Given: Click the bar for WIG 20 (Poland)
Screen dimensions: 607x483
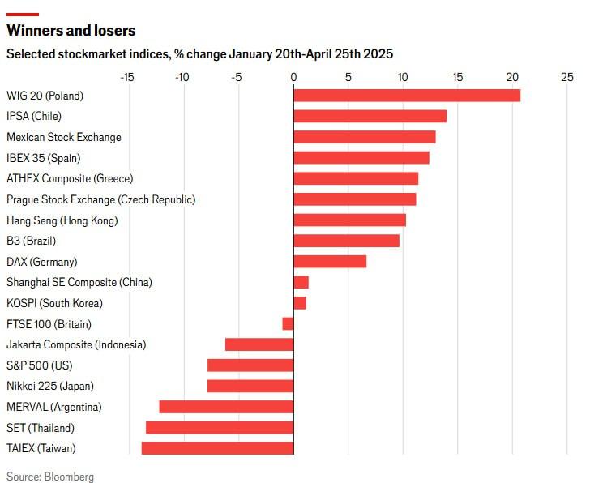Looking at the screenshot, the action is tap(407, 96).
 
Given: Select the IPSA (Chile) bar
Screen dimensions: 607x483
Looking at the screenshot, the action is tap(370, 116).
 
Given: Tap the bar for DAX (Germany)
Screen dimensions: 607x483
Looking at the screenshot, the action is tap(330, 262).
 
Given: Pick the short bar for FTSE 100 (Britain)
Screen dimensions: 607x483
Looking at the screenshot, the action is tap(288, 324).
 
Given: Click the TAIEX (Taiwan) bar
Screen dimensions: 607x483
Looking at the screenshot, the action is tap(217, 448).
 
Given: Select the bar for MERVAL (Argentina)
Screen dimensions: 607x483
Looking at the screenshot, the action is tap(226, 407).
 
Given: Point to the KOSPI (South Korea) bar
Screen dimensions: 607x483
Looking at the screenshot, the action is tap(300, 303).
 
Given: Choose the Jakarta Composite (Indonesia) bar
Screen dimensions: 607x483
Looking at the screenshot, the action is tap(259, 344).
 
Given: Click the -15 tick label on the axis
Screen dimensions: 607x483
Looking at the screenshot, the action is tap(127, 78).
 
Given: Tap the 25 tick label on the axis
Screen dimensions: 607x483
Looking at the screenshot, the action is tap(567, 78).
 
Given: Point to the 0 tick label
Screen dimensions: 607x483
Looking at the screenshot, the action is tap(293, 78).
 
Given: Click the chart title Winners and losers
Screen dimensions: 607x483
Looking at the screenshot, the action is tap(71, 31).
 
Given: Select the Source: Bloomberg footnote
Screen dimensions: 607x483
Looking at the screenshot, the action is tap(50, 477).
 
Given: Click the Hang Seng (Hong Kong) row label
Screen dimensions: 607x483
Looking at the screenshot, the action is tap(62, 220).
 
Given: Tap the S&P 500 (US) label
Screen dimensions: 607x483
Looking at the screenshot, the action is tap(40, 365).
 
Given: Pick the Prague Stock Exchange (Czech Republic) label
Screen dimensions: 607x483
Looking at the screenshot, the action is tap(101, 199).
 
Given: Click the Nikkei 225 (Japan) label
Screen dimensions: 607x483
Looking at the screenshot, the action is tap(50, 387).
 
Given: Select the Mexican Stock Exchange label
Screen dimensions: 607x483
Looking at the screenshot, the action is tap(64, 137).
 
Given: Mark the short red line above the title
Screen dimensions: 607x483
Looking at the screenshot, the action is tap(23, 15).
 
